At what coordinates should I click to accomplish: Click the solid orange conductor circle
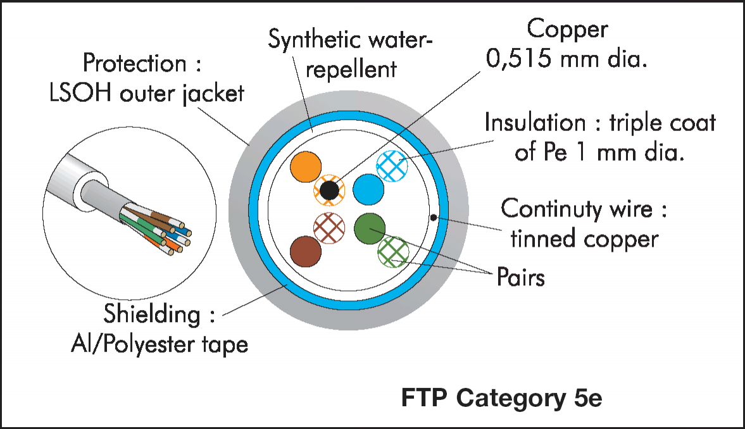point(306,167)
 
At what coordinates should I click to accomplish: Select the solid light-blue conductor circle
point(368,190)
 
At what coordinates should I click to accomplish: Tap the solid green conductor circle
point(370,228)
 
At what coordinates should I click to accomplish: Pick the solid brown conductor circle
point(306,251)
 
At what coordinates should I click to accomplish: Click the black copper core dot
point(329,190)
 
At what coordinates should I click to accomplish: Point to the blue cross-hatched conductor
point(392,166)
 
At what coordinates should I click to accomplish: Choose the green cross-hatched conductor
point(394,252)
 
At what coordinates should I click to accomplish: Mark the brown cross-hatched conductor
point(329,228)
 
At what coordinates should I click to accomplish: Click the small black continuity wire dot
point(434,218)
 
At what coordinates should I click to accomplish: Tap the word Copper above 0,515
point(567,30)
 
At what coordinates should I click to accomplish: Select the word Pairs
point(521,277)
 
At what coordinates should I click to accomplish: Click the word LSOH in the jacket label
point(81,92)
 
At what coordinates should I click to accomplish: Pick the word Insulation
point(535,123)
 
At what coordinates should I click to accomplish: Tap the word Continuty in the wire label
point(552,209)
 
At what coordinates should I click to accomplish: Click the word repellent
point(351,70)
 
